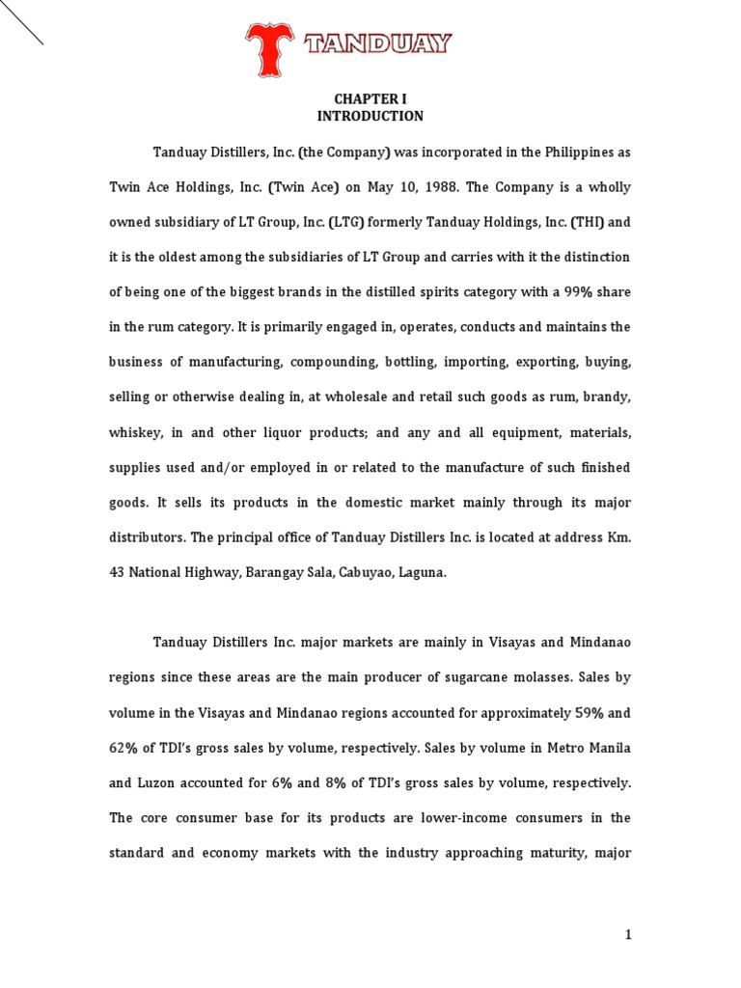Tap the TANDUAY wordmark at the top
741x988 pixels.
tap(378, 44)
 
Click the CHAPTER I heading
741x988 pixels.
tap(370, 98)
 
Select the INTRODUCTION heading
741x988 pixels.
tap(370, 117)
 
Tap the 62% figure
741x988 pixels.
tap(126, 748)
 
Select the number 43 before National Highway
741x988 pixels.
tap(118, 572)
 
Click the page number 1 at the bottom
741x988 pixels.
tap(626, 935)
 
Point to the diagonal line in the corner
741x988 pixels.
tap(21, 22)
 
